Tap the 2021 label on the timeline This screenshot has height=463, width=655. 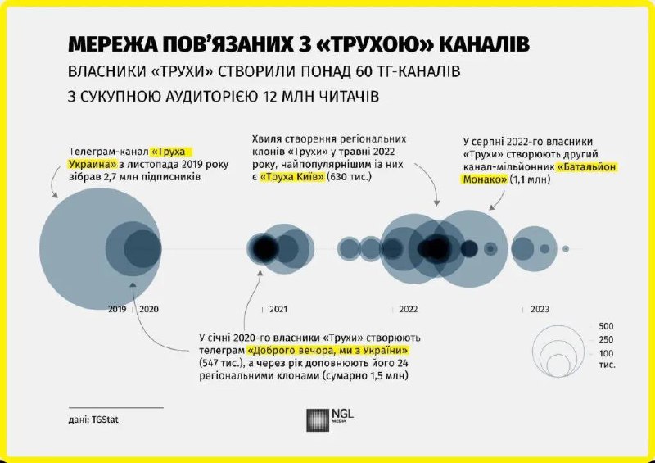pos(278,310)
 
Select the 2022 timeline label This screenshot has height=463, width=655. pos(409,310)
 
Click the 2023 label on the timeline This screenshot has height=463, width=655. pos(540,310)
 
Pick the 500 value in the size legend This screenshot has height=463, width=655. pos(607,326)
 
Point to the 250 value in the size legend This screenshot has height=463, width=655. pos(607,339)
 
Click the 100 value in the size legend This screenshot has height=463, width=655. pos(607,352)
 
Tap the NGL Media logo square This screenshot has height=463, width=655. pos(316,420)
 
